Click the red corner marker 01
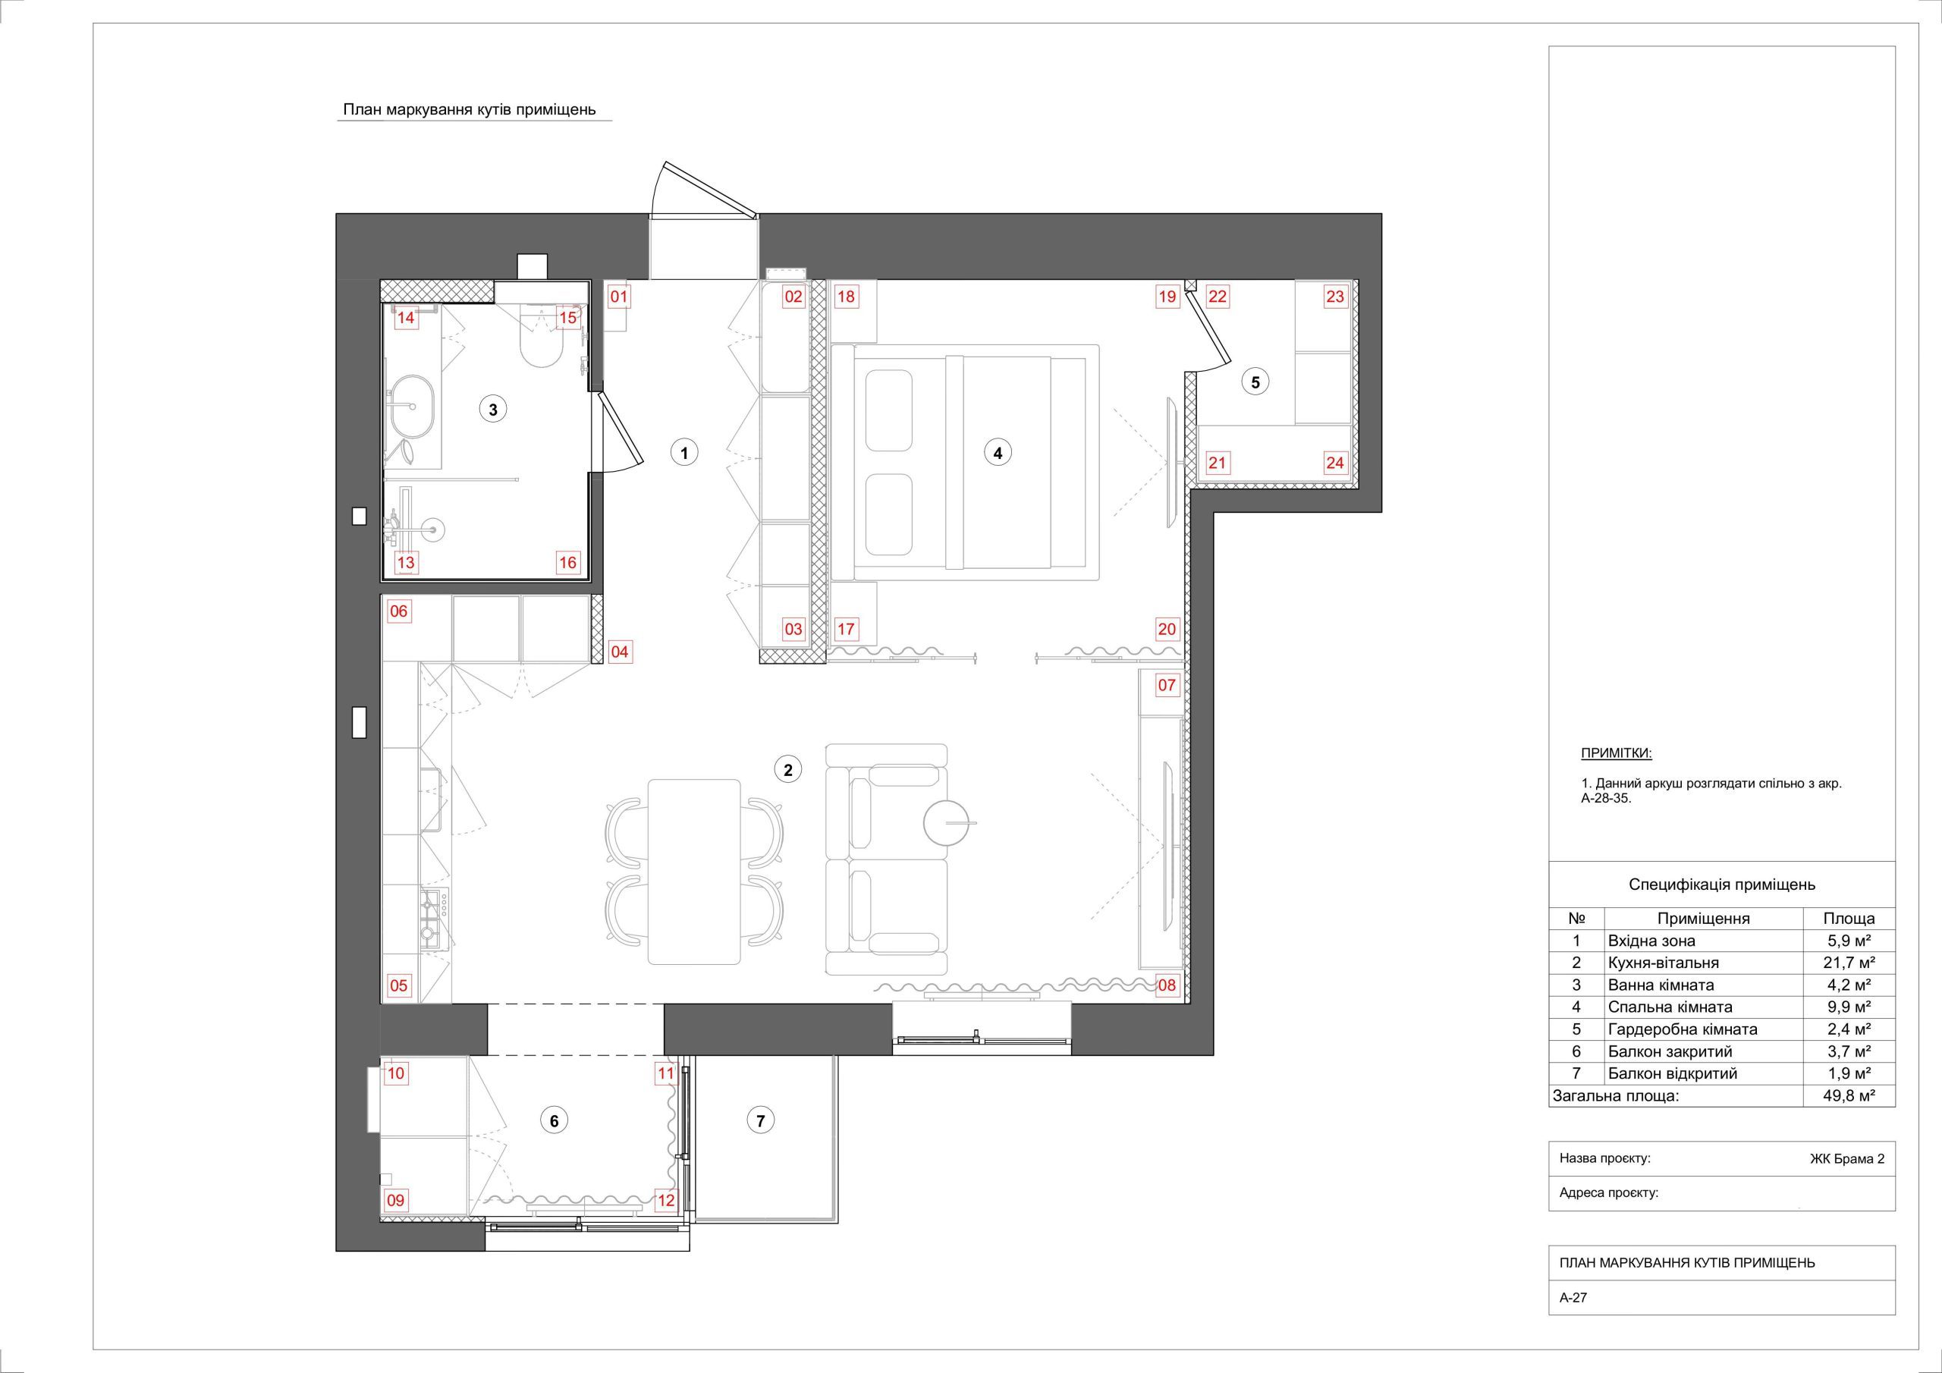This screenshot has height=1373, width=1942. coord(620,297)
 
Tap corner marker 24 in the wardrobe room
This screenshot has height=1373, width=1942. coord(1334,463)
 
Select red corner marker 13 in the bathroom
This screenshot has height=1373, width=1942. coord(406,563)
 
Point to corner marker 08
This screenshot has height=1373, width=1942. coord(1167,985)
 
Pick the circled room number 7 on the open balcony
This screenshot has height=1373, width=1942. coord(760,1121)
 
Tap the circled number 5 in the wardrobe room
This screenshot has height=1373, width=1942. coord(1255,382)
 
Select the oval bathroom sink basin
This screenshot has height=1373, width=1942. coord(413,405)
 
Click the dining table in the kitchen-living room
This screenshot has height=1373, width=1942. coord(694,872)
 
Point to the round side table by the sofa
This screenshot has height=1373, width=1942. coord(947,822)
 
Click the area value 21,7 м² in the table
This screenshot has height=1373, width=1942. coord(1849,963)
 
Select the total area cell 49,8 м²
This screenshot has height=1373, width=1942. coord(1849,1096)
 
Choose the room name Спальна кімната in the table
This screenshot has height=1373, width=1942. coord(1670,1007)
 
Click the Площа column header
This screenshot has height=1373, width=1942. coord(1849,918)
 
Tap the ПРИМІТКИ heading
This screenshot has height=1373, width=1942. coord(1617,753)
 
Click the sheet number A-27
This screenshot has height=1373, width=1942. coord(1573,1321)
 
